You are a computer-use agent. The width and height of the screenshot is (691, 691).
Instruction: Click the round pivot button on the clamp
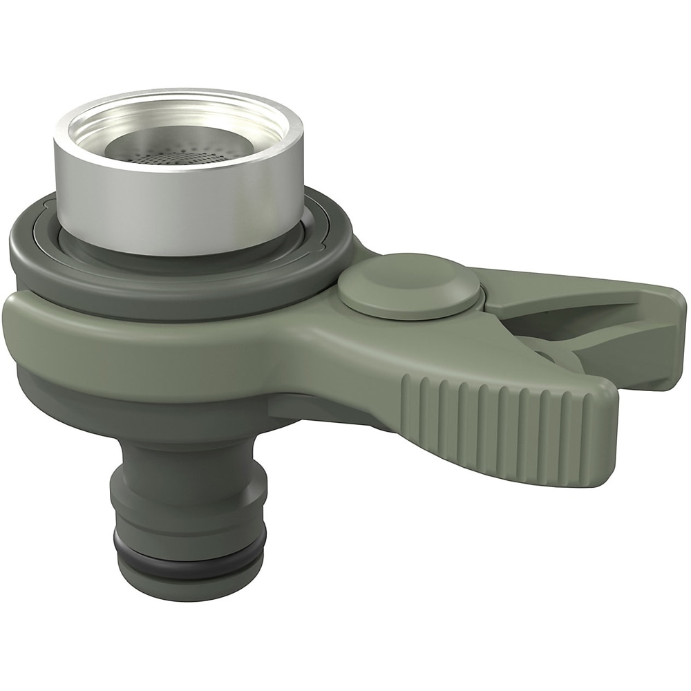click(409, 285)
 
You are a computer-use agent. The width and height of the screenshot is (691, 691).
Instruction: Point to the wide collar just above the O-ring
click(187, 511)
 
